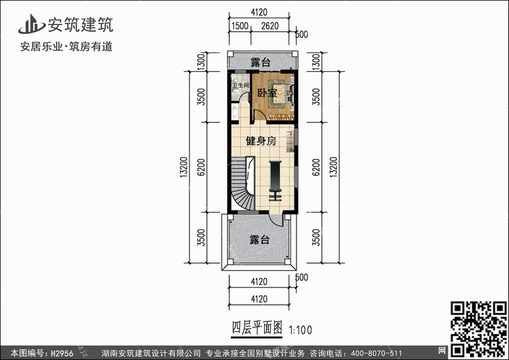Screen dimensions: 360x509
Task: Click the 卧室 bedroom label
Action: coord(266,93)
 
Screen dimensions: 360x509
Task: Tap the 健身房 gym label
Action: coord(261,142)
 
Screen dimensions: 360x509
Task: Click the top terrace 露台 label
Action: coord(261,62)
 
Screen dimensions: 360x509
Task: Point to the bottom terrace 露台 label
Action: coord(259,240)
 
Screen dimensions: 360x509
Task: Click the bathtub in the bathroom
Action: coord(235,112)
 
